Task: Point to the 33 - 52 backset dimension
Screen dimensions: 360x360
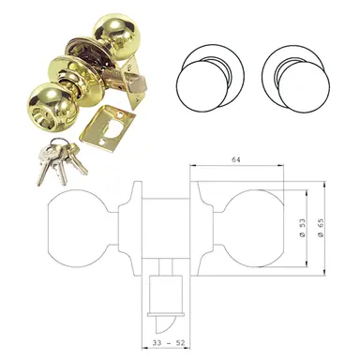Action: point(170,343)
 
